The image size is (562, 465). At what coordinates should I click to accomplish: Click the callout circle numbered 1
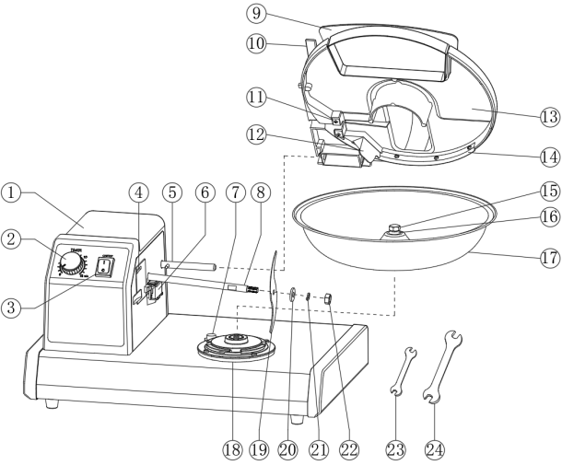coord(11,193)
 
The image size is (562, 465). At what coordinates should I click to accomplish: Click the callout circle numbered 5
coord(170,193)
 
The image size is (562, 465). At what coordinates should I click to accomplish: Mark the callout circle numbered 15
coord(549,192)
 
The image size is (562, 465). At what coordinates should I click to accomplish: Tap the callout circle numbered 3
coord(11,309)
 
